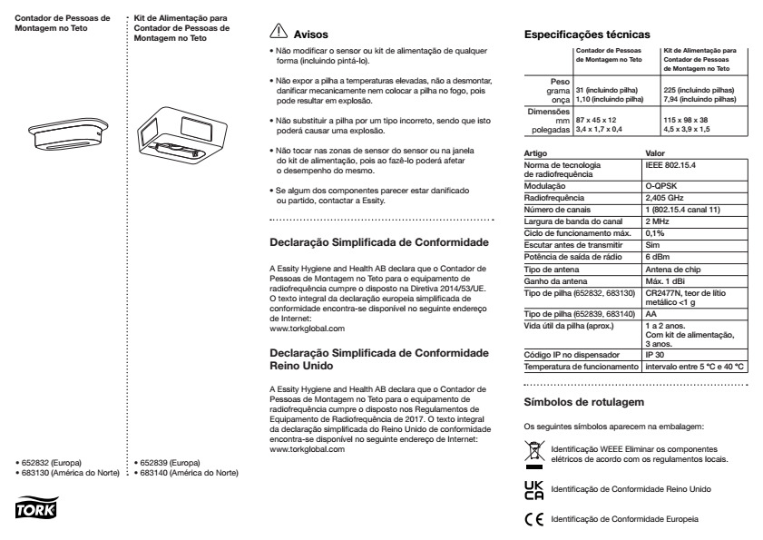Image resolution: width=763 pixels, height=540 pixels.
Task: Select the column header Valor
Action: [x=654, y=152]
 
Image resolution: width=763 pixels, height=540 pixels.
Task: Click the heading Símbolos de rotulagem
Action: [x=578, y=401]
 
